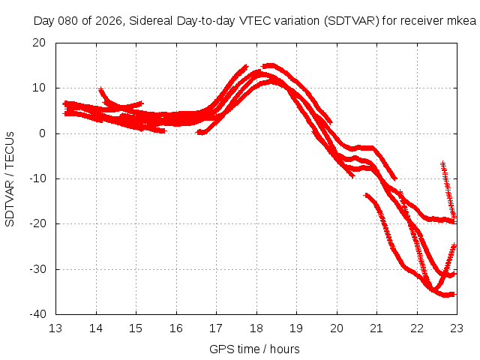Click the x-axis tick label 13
click(55, 328)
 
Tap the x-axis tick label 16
click(176, 328)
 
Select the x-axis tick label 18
click(256, 328)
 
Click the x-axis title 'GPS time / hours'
click(255, 349)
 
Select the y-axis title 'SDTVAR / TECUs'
click(10, 178)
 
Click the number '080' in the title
click(65, 20)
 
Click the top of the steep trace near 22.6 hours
click(442, 163)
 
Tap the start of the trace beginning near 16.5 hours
click(199, 132)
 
